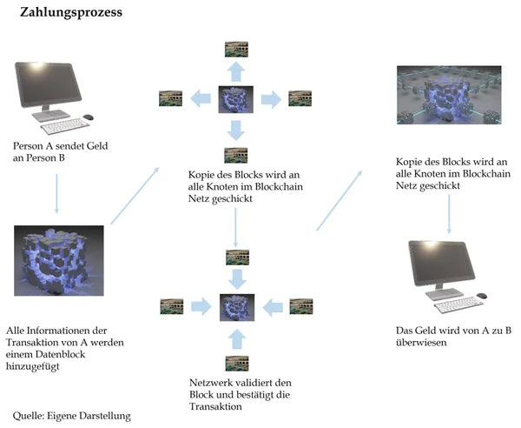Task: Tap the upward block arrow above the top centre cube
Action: click(x=235, y=70)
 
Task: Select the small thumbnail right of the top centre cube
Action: click(x=300, y=98)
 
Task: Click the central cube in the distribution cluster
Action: click(x=235, y=98)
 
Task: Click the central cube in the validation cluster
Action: click(x=235, y=307)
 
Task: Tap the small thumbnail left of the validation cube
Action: click(x=172, y=305)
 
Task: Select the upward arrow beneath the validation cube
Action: click(x=235, y=338)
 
